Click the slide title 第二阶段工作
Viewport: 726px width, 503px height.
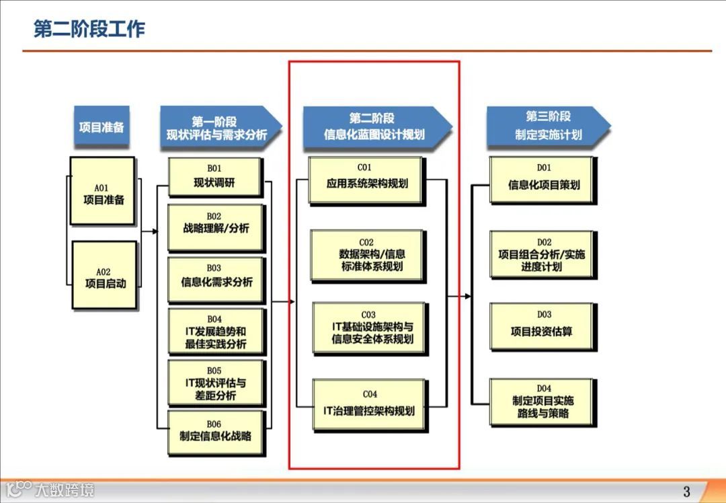(x=89, y=30)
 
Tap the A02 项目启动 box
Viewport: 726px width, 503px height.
(x=104, y=275)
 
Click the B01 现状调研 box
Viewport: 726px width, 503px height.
(x=214, y=177)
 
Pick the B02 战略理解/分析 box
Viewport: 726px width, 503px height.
(x=215, y=227)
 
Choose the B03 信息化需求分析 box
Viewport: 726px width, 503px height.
(x=216, y=279)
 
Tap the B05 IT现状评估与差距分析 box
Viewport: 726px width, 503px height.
(x=216, y=383)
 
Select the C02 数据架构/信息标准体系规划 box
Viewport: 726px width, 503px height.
(x=368, y=255)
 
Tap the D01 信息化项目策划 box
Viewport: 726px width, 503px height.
(x=542, y=180)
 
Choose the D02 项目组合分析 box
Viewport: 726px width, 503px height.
(x=542, y=254)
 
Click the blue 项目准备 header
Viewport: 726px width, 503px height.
(x=101, y=126)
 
